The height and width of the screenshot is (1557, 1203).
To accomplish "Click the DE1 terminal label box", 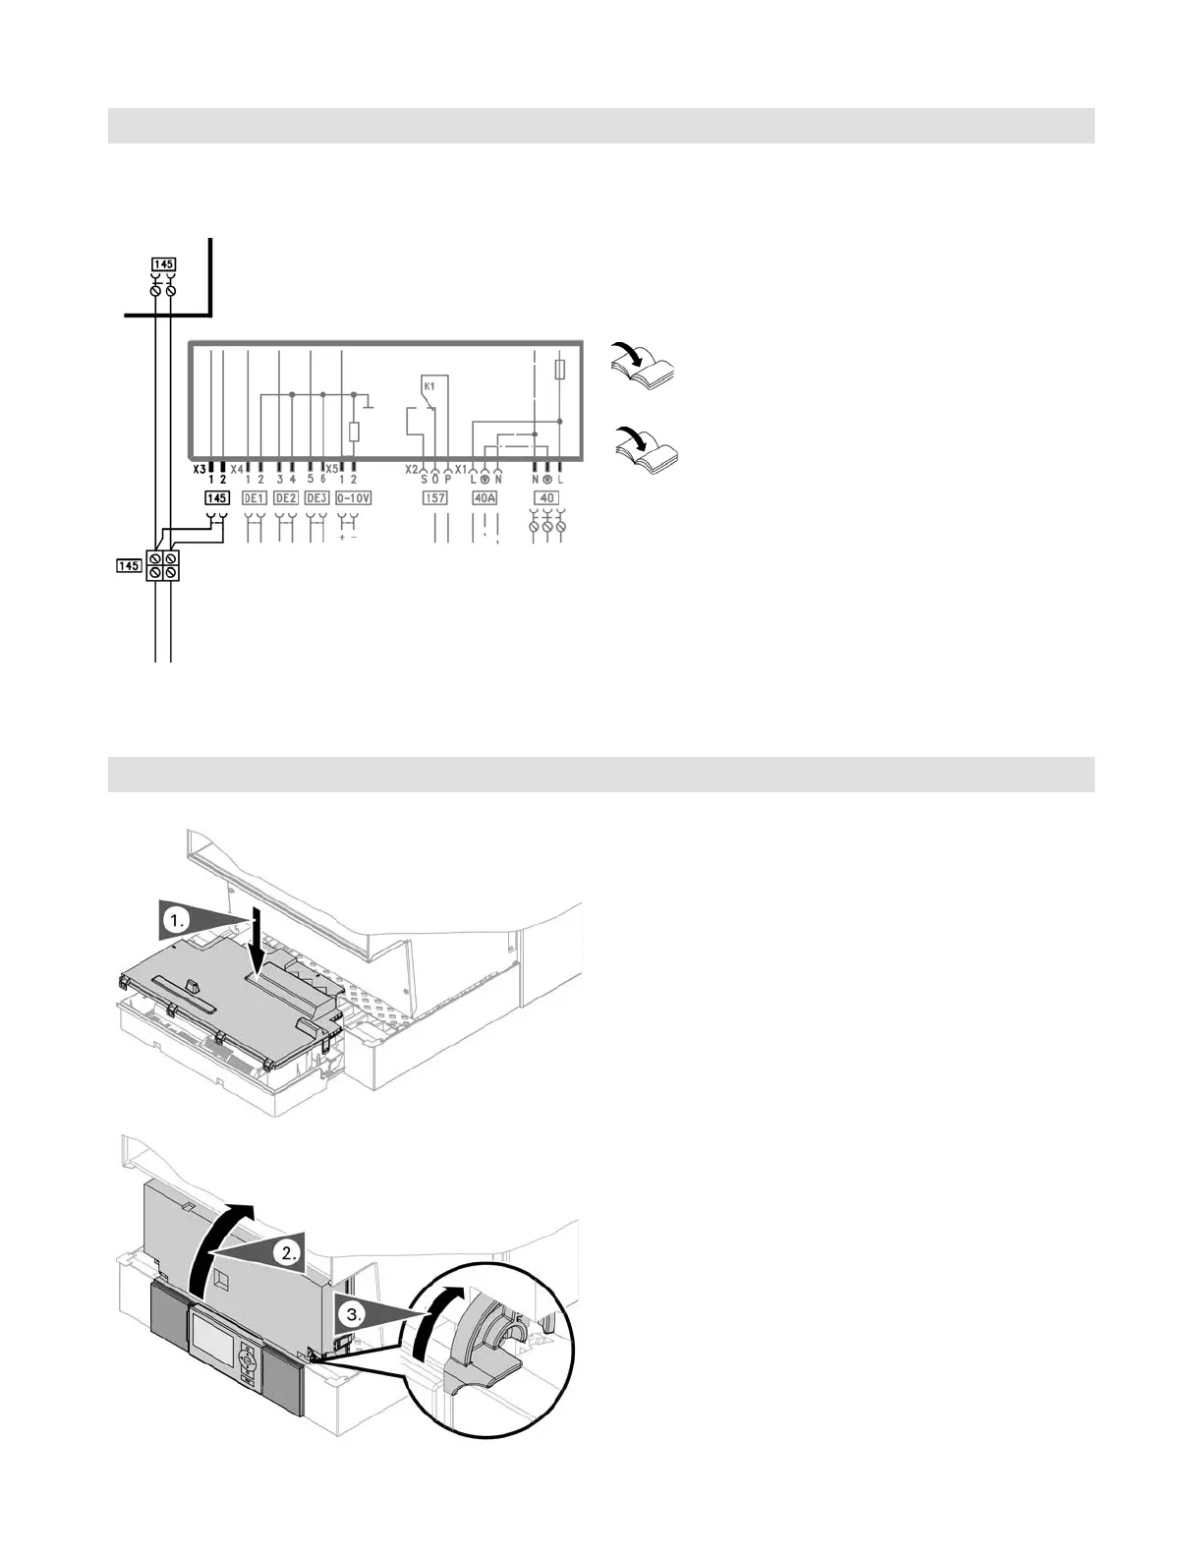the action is pyautogui.click(x=254, y=498).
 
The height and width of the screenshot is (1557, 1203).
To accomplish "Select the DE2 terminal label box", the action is pyautogui.click(x=285, y=498).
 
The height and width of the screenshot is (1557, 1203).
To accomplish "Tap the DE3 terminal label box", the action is pyautogui.click(x=316, y=498).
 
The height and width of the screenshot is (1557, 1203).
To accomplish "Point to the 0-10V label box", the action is pyautogui.click(x=353, y=498).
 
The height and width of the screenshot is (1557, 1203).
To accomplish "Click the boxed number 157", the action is pyautogui.click(x=434, y=498).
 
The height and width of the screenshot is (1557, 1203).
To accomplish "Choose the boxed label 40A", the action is pyautogui.click(x=485, y=498).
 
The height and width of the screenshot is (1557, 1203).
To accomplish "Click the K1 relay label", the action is pyautogui.click(x=429, y=387).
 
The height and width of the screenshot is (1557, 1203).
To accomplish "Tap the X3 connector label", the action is pyautogui.click(x=200, y=470).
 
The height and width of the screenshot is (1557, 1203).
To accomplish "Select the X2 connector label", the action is pyautogui.click(x=412, y=470).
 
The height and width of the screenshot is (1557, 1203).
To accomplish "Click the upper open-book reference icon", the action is pyautogui.click(x=641, y=365).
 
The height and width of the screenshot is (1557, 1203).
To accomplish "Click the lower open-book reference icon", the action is pyautogui.click(x=645, y=448).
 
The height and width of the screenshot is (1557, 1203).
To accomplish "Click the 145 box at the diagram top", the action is pyautogui.click(x=163, y=264).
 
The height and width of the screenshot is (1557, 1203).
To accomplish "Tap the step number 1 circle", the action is pyautogui.click(x=176, y=922).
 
